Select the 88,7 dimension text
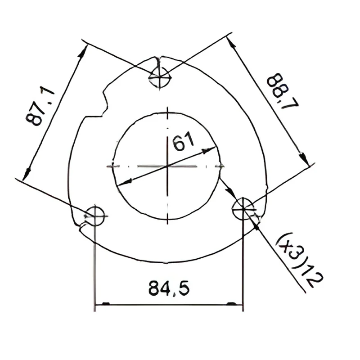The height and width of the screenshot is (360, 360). (283, 91)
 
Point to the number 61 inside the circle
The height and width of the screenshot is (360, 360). (184, 141)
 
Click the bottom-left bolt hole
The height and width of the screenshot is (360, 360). (94, 216)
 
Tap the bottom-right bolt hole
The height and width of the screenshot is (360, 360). (243, 209)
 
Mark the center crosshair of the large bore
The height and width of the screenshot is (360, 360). (167, 166)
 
